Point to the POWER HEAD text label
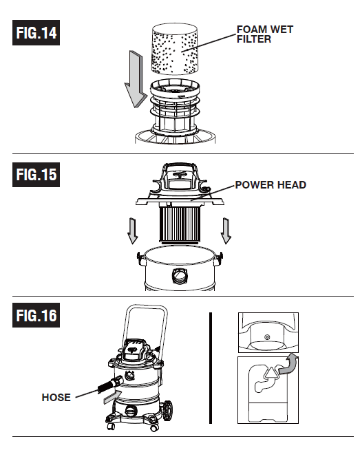271,185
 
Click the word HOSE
56,397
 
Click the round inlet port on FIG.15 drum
180,276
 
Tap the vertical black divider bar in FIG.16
210,367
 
